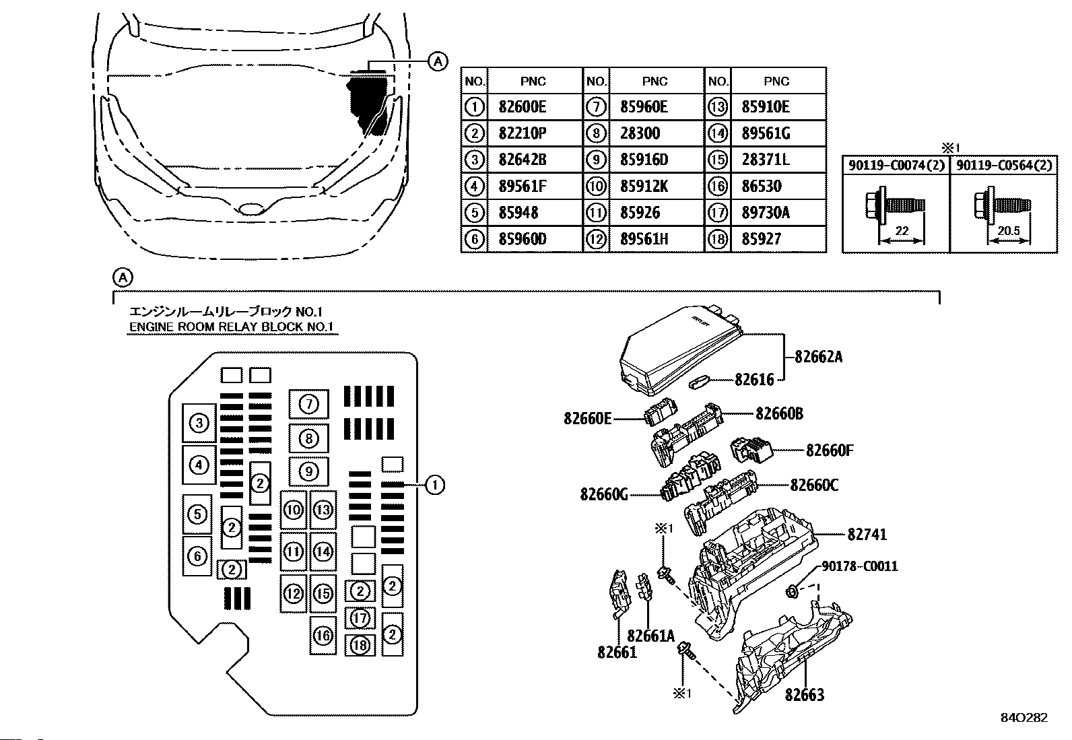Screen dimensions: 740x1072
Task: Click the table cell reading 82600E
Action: tap(523, 107)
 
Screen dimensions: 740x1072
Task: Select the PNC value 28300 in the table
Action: tap(640, 133)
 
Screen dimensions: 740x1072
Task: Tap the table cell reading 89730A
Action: tap(765, 213)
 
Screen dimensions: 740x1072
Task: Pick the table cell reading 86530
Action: tap(761, 187)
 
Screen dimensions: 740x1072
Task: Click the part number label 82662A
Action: tap(818, 357)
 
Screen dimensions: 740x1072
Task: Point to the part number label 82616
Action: tap(754, 380)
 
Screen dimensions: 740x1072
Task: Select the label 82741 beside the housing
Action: tap(867, 535)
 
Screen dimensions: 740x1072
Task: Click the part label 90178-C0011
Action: tap(860, 567)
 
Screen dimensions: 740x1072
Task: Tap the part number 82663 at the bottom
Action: tap(804, 694)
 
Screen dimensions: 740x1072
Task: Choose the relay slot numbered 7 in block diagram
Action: tap(308, 404)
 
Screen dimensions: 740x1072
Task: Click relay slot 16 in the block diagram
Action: tap(323, 635)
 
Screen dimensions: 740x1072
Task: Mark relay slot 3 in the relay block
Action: tap(199, 424)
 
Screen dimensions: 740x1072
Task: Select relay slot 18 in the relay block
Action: tap(360, 645)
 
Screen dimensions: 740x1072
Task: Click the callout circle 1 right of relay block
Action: tap(435, 485)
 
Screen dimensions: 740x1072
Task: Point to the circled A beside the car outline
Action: tap(438, 62)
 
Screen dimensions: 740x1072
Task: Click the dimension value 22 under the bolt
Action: tap(902, 231)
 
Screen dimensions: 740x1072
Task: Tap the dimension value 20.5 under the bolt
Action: tap(1008, 231)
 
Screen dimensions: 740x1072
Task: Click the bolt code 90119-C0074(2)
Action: tap(896, 166)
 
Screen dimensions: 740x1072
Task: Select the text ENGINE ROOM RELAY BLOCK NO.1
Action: tap(232, 327)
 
